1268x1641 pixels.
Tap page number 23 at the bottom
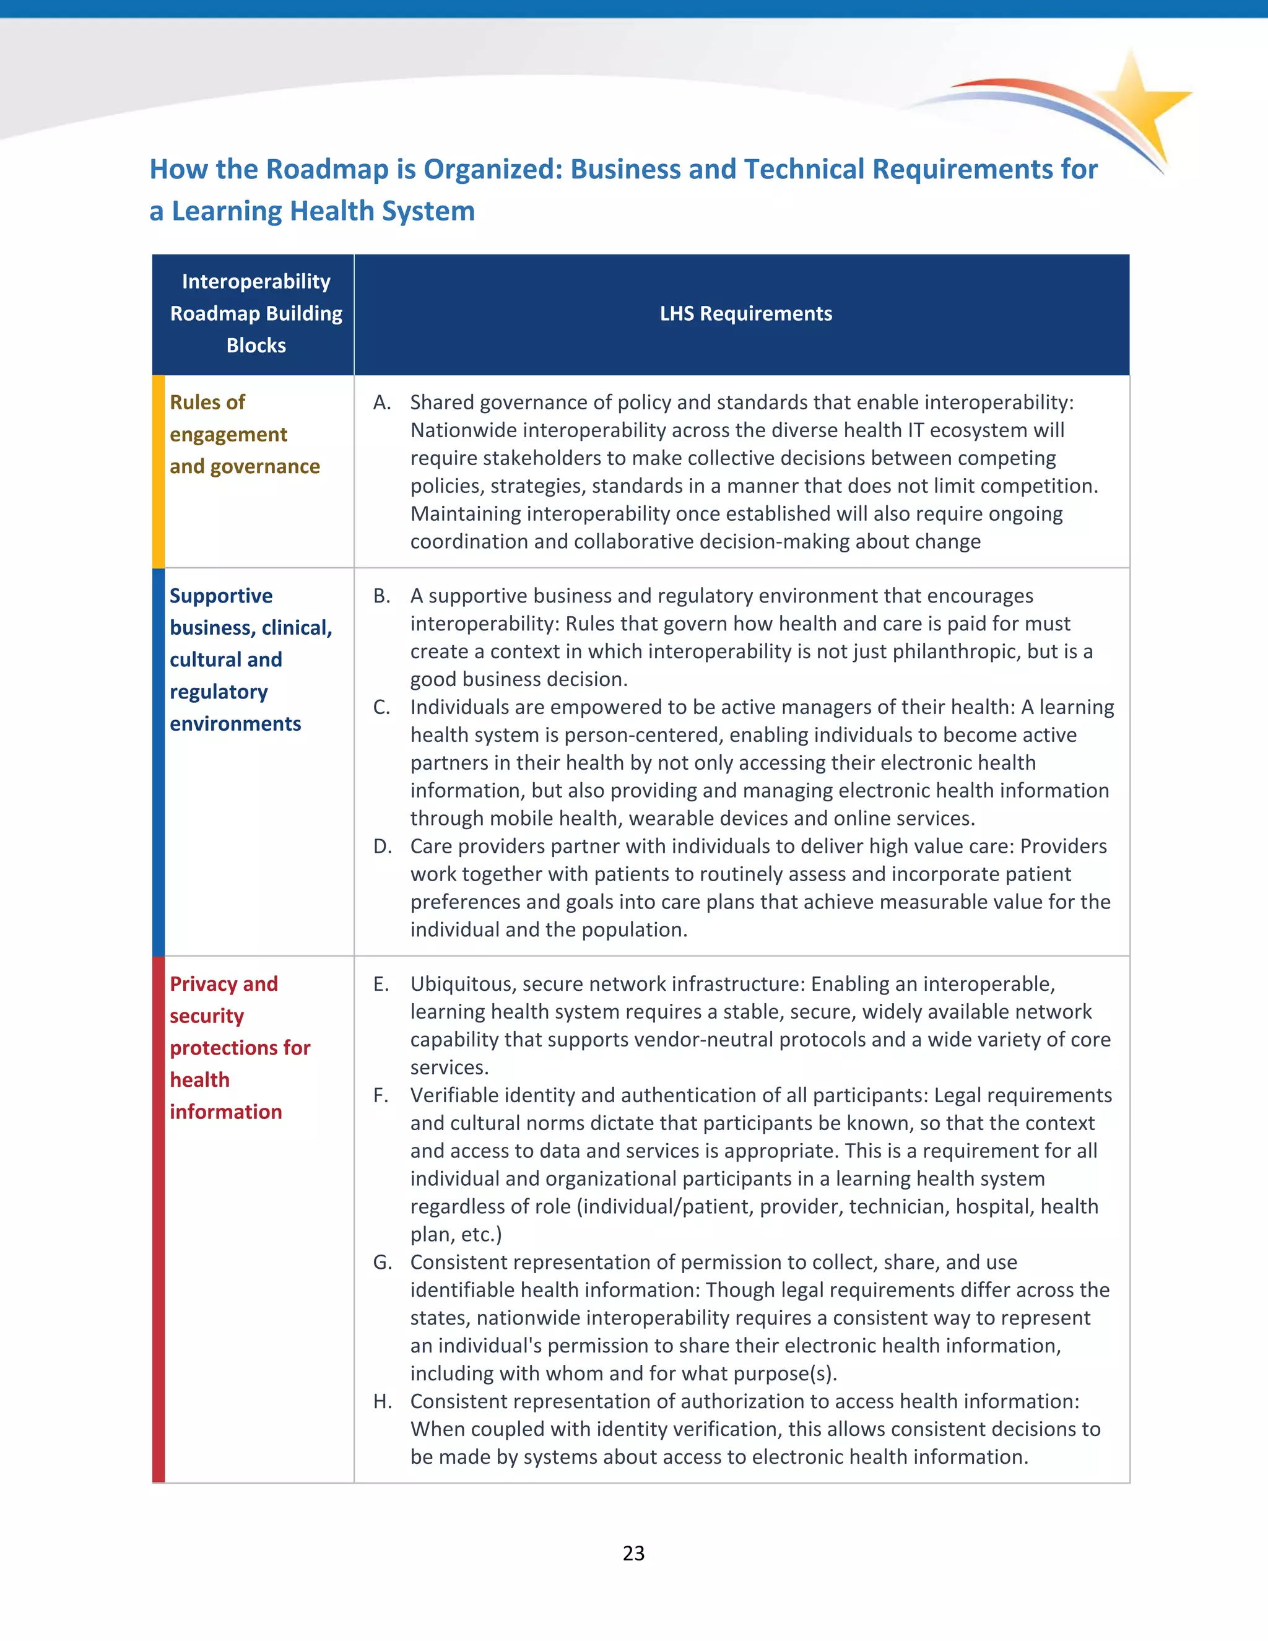(633, 1552)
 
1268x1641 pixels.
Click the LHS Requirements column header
(745, 313)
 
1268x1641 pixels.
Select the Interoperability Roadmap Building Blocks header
(256, 313)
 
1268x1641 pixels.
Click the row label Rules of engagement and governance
(244, 434)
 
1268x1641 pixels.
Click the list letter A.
(381, 403)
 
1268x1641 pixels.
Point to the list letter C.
(381, 707)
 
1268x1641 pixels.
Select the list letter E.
(381, 985)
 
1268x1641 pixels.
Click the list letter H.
(383, 1401)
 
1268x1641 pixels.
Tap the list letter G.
(383, 1262)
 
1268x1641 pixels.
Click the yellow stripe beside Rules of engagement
(158, 472)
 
